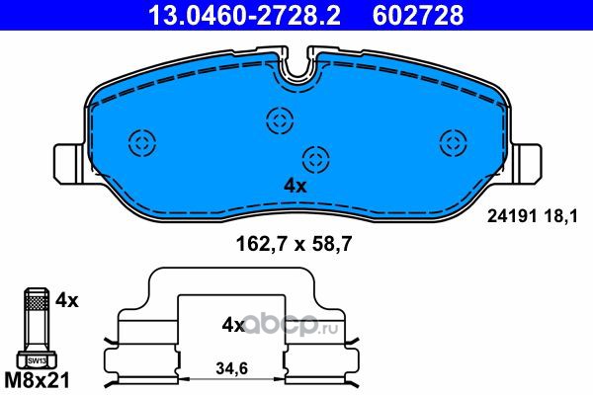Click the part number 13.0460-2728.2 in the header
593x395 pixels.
tap(245, 15)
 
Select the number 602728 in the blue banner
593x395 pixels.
tap(418, 15)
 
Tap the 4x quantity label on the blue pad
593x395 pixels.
tap(295, 186)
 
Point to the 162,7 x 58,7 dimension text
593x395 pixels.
tap(294, 244)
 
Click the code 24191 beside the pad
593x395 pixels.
tap(512, 216)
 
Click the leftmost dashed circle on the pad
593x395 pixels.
tap(142, 143)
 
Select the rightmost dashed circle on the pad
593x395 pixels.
tap(454, 142)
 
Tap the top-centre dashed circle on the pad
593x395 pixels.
tap(280, 120)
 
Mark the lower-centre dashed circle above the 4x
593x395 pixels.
tap(316, 160)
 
